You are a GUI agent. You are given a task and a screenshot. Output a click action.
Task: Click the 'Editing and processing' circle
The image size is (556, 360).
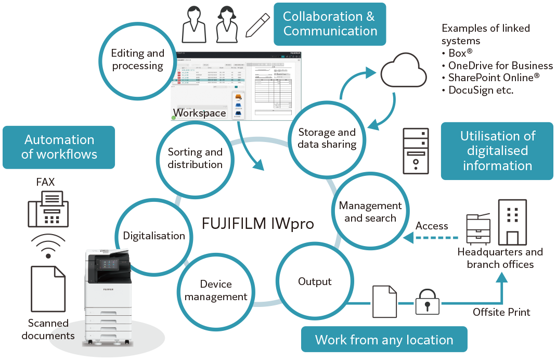point(138,60)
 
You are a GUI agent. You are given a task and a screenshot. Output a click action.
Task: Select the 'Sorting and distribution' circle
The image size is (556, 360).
point(195,158)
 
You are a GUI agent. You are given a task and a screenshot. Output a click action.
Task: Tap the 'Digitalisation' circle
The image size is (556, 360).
point(154,236)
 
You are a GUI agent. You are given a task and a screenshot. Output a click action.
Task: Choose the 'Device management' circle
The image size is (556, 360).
point(216,290)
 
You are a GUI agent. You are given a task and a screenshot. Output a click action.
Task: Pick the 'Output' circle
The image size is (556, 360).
point(315,281)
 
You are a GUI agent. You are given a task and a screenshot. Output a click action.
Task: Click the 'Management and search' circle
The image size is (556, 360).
point(370,212)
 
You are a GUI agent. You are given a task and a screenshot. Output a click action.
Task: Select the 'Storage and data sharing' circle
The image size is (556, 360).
point(327,138)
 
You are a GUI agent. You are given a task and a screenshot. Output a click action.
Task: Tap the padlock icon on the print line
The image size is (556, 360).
point(427,303)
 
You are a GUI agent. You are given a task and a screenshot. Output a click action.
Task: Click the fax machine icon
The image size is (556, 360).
point(48,209)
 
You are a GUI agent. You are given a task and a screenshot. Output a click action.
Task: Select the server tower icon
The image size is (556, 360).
point(416,151)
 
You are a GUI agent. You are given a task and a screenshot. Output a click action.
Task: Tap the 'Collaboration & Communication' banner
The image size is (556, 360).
point(330,24)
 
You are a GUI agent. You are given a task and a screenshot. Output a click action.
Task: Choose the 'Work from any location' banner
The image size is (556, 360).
point(384,340)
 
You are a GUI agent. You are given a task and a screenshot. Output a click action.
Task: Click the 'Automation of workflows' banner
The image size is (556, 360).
point(59,147)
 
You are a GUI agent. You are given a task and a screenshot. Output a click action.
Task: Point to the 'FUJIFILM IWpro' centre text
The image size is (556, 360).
point(258,224)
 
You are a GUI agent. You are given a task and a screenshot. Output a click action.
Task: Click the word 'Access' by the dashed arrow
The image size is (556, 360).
point(432,226)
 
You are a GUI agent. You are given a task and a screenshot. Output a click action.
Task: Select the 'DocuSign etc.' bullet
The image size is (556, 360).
point(481,90)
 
